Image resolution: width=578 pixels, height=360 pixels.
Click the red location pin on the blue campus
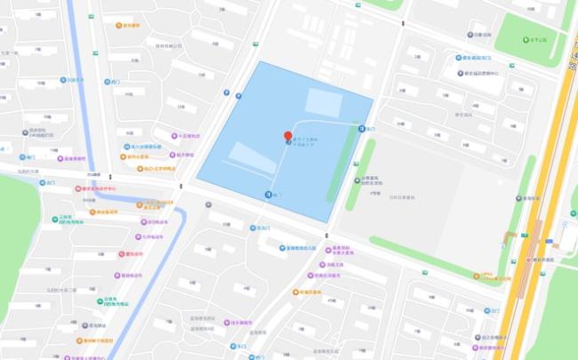pos(287,136)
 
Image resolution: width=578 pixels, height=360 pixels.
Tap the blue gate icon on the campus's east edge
pos(361,129)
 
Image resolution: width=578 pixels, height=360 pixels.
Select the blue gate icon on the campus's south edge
pos(268,194)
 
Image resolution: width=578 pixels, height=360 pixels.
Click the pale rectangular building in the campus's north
pos(323,103)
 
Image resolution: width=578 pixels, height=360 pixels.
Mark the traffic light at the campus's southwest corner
pos(181,187)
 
